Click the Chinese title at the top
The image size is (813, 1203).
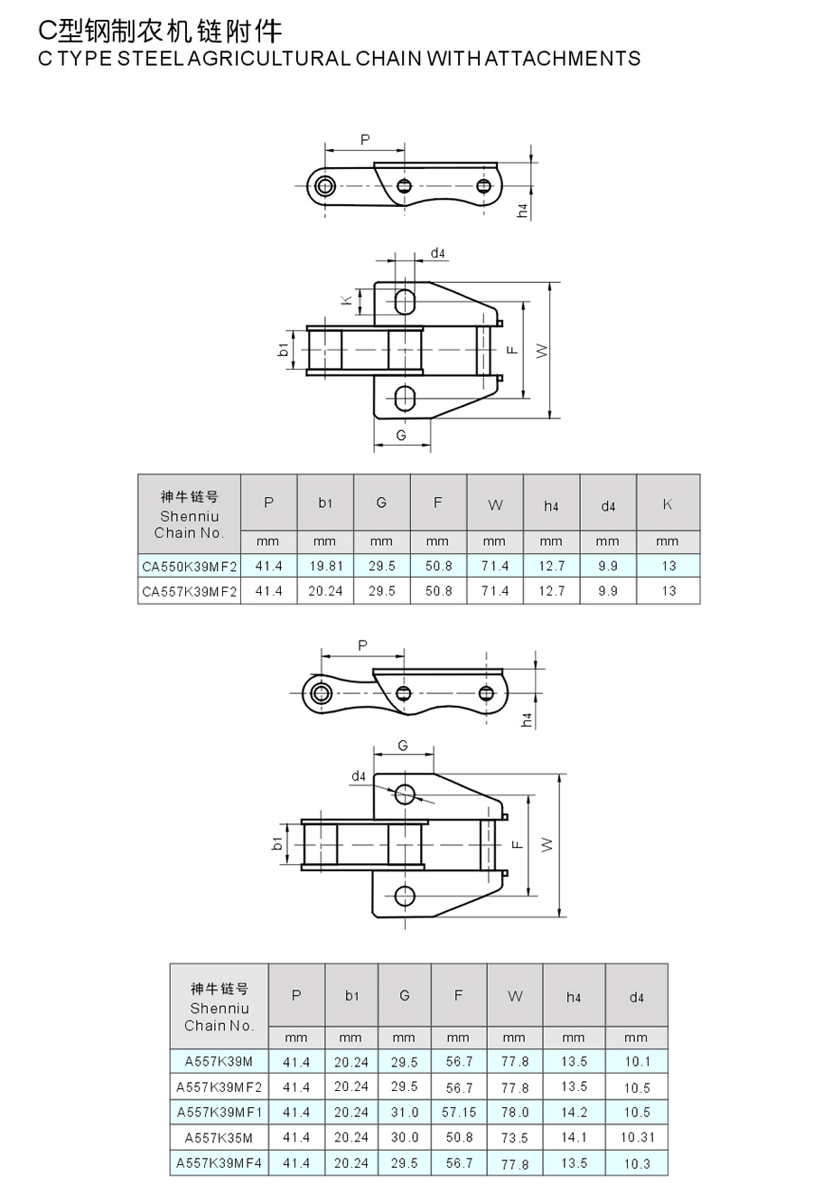click(160, 32)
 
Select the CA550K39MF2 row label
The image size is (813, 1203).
click(190, 566)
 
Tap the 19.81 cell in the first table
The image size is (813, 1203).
click(325, 566)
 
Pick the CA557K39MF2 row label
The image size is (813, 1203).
click(190, 591)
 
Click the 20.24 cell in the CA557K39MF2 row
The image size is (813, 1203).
click(325, 591)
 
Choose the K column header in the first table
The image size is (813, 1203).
click(668, 504)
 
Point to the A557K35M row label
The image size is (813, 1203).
click(219, 1137)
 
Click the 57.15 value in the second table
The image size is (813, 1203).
click(459, 1112)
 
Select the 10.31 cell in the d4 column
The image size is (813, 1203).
click(637, 1137)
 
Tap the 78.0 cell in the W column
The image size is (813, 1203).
click(515, 1112)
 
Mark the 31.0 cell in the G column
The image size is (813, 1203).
click(404, 1112)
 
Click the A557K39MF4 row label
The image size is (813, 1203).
click(219, 1162)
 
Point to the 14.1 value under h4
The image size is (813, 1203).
click(574, 1137)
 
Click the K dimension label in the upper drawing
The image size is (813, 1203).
click(346, 299)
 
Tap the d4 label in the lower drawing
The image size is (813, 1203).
click(359, 776)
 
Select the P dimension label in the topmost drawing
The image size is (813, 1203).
click(365, 140)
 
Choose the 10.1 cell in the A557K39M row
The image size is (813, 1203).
click(637, 1062)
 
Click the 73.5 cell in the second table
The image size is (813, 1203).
click(515, 1137)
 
